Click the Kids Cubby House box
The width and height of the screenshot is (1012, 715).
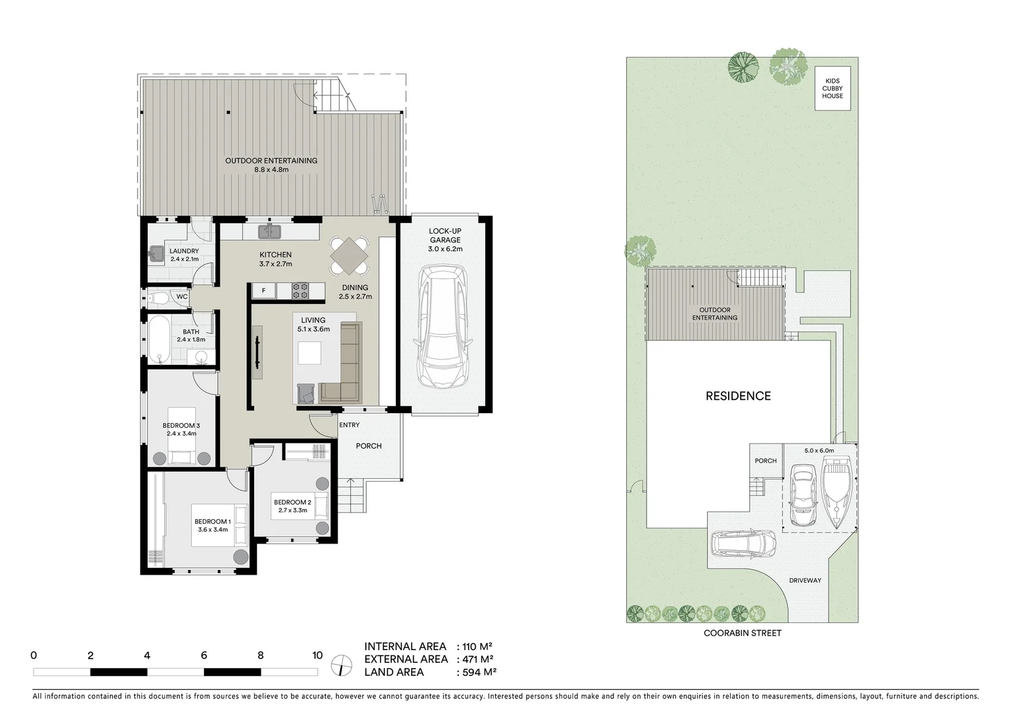click(x=832, y=88)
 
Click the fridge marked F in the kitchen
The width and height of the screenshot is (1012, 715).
click(x=263, y=291)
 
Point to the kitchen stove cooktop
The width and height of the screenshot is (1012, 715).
click(x=300, y=291)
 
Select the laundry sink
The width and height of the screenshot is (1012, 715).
click(x=157, y=254)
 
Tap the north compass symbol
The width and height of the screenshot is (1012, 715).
click(x=341, y=664)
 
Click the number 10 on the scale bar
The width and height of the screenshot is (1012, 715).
click(x=317, y=655)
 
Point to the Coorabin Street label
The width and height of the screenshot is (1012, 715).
click(x=742, y=633)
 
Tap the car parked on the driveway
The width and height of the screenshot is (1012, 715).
click(x=743, y=544)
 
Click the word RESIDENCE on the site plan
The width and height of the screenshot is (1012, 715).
click(x=738, y=396)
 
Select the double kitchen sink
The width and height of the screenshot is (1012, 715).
click(x=269, y=231)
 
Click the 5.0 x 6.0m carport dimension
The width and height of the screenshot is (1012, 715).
click(x=819, y=450)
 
